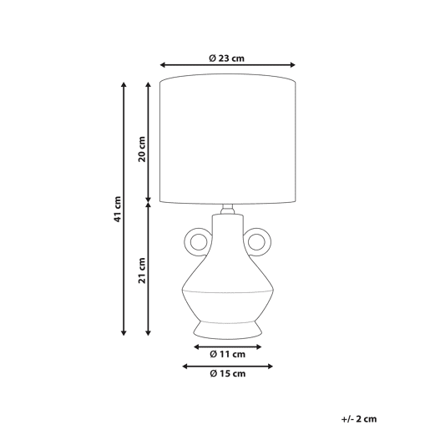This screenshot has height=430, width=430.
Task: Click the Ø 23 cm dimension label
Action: [x=227, y=58]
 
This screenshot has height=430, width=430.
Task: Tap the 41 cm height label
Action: [x=118, y=209]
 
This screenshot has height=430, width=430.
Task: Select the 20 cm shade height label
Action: [x=142, y=149]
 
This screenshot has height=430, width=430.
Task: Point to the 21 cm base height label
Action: [x=142, y=271]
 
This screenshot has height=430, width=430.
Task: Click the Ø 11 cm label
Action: [x=227, y=354]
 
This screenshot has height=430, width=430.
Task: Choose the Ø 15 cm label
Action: [x=227, y=373]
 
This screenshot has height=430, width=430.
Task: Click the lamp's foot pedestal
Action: [x=228, y=331]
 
